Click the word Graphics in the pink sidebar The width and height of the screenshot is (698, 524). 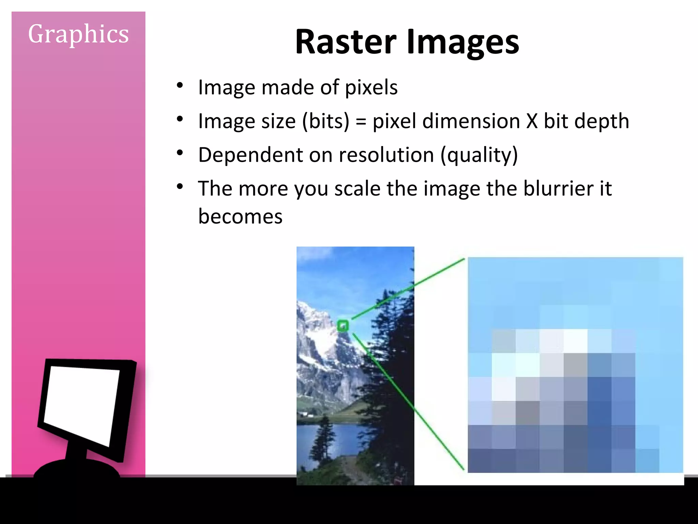[x=78, y=34]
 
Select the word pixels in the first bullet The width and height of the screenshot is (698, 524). [x=371, y=87]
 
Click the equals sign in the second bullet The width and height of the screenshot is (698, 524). [x=361, y=122]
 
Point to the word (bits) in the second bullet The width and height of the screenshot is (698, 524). [x=325, y=121]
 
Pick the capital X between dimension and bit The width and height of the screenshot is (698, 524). [x=532, y=121]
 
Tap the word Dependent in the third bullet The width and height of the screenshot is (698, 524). [x=250, y=155]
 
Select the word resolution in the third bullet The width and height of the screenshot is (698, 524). [x=386, y=155]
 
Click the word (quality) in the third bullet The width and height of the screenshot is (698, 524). [x=479, y=155]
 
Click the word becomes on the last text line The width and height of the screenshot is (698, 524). [x=240, y=216]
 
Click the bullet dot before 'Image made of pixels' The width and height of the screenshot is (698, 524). [x=180, y=85]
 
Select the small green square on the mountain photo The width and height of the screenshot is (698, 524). [x=343, y=326]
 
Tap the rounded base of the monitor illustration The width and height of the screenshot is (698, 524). [x=77, y=469]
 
